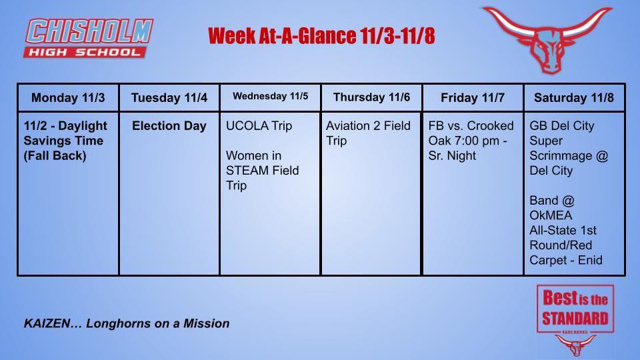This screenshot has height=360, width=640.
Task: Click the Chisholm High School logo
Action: [89, 39]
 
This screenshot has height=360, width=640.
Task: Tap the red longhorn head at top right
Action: [546, 39]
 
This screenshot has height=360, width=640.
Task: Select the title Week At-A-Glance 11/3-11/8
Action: [321, 35]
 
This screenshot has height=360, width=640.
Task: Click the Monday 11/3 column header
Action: [68, 98]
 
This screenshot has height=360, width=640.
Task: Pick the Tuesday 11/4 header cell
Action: [169, 98]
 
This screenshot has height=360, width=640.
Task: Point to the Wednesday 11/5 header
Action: [271, 97]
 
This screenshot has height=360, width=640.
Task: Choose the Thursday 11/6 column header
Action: [371, 97]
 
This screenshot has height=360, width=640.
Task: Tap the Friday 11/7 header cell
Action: [473, 98]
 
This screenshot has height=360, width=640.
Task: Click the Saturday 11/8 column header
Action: [574, 98]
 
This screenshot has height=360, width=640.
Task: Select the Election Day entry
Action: [169, 126]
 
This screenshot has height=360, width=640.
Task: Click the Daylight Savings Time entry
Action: [65, 141]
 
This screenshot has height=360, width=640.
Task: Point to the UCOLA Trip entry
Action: [259, 126]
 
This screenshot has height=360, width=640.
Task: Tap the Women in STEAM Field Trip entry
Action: [263, 171]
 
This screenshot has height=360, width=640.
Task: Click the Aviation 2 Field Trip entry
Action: [368, 133]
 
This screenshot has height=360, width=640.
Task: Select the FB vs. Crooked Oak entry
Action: [471, 141]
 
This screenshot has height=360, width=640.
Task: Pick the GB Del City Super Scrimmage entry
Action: [561, 148]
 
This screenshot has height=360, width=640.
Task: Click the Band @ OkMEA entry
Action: [563, 230]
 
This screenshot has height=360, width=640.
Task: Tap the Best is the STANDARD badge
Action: [575, 308]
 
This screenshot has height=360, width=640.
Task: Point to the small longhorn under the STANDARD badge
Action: [575, 345]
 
